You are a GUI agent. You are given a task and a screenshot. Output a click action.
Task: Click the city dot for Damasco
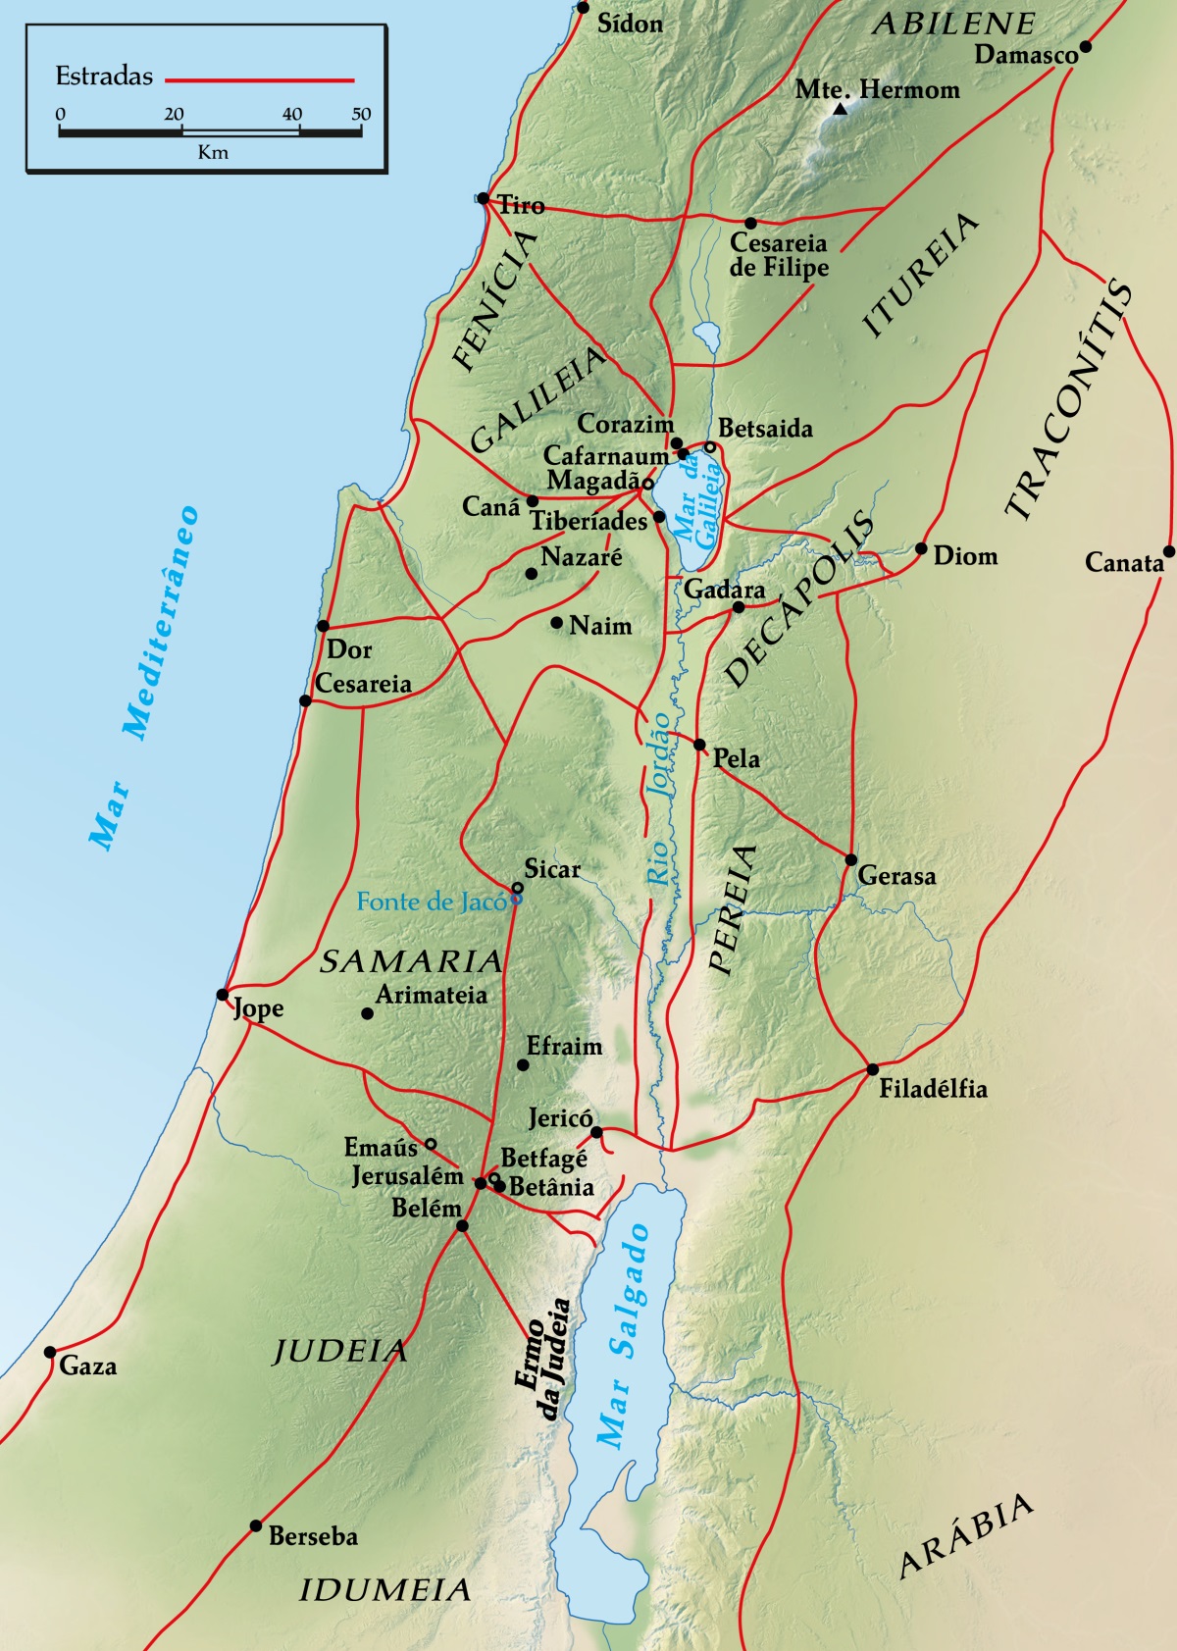coord(1085,46)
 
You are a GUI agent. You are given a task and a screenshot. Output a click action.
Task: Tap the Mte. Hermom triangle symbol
coord(840,109)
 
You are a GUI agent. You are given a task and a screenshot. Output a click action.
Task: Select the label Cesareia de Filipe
coord(779,255)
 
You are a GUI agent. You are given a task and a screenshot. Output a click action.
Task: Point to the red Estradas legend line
coord(259,78)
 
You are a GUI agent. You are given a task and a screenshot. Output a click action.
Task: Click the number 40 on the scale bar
coord(292,114)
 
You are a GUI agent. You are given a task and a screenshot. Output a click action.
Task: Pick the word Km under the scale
coord(212,152)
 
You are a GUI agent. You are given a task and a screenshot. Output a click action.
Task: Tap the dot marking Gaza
coord(50,1352)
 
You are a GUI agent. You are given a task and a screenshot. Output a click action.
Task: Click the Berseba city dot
coord(256,1525)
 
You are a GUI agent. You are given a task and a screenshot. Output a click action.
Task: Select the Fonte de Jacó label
coord(431,902)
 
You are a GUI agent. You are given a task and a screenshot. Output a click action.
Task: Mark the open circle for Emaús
coord(430,1144)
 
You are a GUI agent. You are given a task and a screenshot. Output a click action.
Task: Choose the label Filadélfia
coord(933,1089)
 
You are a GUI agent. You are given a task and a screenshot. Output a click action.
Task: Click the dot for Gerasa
coord(851,860)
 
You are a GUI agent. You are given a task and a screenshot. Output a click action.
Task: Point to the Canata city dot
coord(1168,551)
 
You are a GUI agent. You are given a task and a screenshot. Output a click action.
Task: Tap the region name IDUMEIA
coord(384,1590)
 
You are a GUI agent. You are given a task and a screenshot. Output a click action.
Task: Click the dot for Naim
coord(556,623)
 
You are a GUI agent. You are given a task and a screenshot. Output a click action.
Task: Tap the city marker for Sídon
coord(583,8)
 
